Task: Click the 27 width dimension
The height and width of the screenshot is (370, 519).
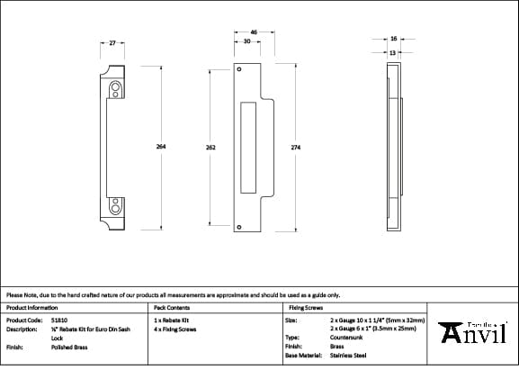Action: point(112,42)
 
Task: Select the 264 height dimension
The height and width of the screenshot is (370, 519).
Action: point(161,147)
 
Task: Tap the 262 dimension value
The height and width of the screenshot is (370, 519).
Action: point(210,147)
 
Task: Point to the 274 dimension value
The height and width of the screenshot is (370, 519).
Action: point(293,147)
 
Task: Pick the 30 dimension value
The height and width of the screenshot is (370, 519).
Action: point(246,41)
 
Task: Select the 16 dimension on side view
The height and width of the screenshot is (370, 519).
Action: point(393,39)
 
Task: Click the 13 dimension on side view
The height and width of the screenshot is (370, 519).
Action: point(393,52)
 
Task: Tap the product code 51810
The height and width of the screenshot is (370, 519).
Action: point(59,320)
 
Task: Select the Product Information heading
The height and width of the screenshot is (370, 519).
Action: point(31,307)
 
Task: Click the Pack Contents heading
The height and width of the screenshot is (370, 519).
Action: point(171,307)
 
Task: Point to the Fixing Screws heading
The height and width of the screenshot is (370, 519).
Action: point(304,307)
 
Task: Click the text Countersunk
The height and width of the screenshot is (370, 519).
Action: point(346,338)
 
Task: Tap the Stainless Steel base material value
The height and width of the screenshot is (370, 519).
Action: point(348,356)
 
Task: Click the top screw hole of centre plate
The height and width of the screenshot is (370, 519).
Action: point(239,69)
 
